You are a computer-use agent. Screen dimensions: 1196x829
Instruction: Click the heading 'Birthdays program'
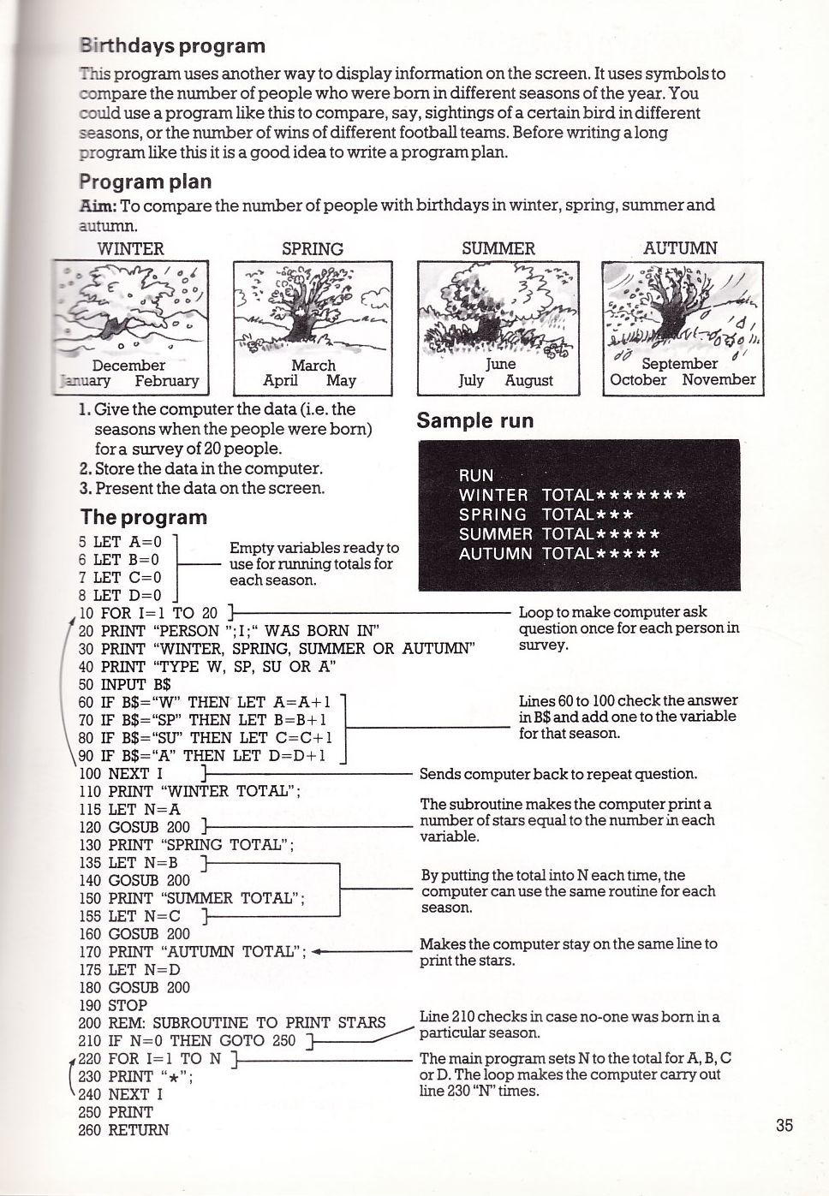pos(172,45)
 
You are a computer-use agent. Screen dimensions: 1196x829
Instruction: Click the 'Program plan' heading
pos(145,181)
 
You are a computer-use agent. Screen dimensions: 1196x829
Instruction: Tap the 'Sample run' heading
pos(474,420)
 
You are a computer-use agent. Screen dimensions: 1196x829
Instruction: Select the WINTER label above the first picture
pos(130,249)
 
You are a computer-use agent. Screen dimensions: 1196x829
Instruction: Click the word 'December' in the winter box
pos(128,366)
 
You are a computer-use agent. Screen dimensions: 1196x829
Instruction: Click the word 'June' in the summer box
pos(500,364)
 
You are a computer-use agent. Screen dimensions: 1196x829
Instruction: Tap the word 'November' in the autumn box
pos(719,380)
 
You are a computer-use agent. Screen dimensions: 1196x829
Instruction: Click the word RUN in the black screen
pos(476,476)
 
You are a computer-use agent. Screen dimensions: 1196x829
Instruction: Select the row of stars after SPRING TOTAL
pos(614,515)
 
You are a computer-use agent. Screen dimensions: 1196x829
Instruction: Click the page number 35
pos(784,1125)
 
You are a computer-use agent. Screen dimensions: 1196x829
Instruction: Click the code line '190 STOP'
pos(113,1005)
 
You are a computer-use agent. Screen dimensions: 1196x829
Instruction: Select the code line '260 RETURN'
pos(124,1130)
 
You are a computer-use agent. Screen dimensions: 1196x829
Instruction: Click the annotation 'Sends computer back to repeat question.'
pos(558,774)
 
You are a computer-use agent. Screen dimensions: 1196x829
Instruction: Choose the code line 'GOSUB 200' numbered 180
pos(134,987)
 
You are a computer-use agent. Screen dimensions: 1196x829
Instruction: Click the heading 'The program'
pos(143,517)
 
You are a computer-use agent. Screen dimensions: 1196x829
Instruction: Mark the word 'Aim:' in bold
pos(98,205)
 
